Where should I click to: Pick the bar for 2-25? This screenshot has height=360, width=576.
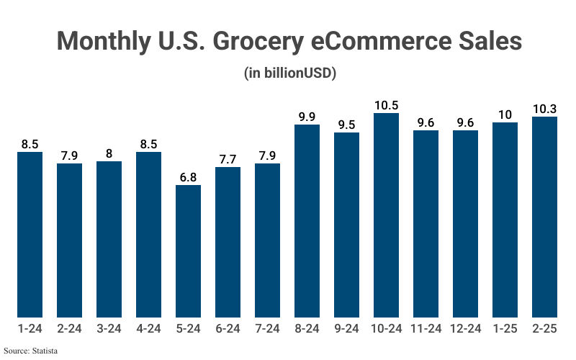coord(544,217)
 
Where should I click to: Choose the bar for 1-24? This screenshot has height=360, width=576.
coord(30,234)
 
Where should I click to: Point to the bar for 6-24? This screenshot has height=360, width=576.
coord(228,242)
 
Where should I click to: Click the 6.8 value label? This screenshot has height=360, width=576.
coord(188,176)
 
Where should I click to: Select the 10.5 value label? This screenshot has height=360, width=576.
coord(386,105)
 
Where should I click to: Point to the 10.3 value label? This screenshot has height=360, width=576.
coord(544,109)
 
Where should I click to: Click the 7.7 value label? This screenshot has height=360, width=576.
coord(228,158)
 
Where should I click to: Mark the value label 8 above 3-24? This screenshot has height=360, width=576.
coord(109,153)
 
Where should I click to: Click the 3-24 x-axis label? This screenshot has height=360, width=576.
coord(109,328)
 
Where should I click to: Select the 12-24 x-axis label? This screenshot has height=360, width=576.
coord(465,328)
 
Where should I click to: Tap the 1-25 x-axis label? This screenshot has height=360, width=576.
coord(505,328)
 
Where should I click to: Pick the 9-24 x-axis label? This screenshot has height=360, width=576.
coord(346,328)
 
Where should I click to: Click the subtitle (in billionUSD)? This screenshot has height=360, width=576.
coord(288,73)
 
